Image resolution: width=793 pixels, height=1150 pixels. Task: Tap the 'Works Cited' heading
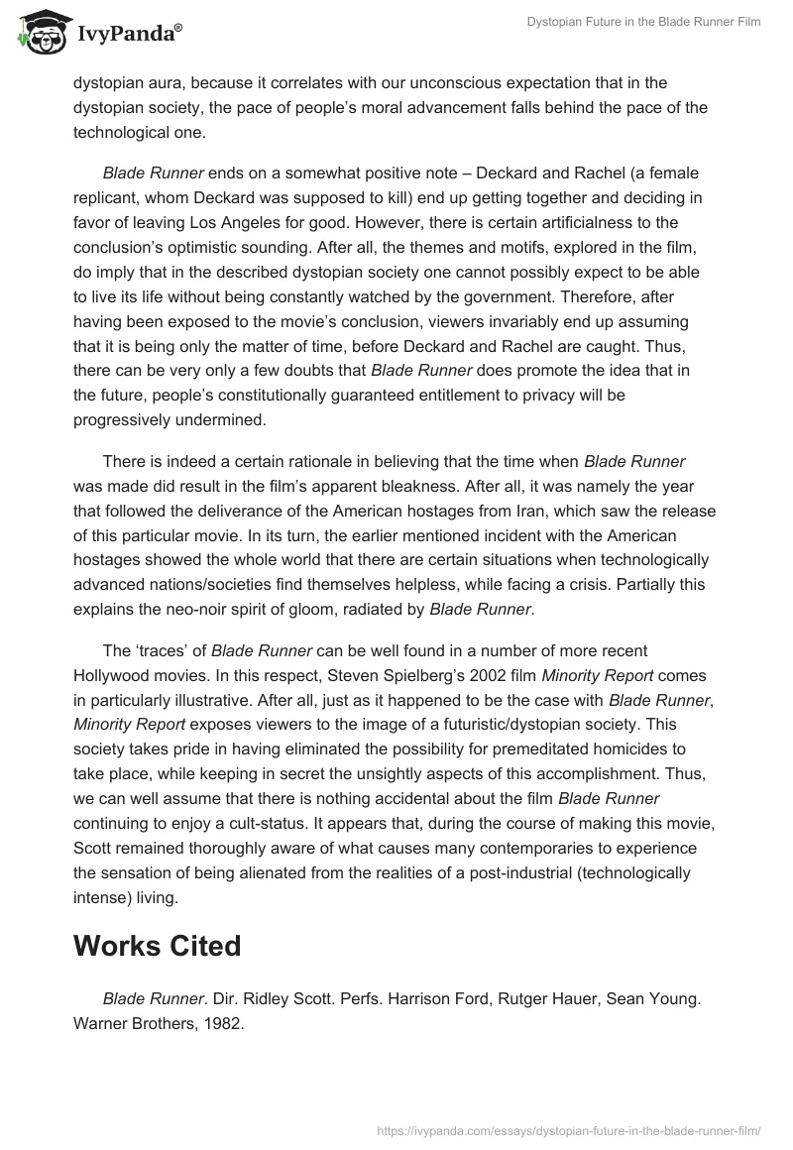click(157, 946)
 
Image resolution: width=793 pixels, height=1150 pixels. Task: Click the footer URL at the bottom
click(569, 1129)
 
